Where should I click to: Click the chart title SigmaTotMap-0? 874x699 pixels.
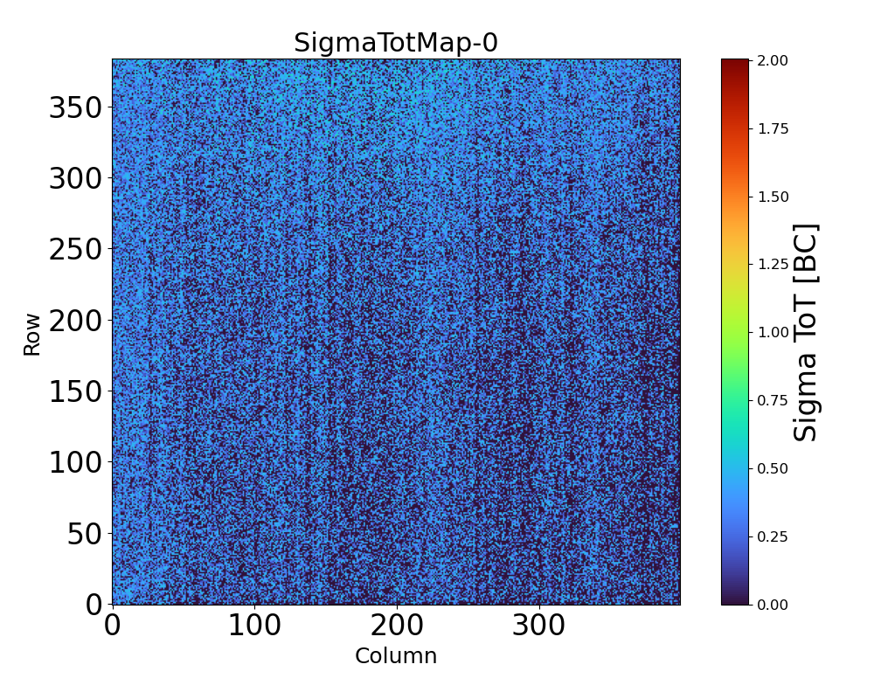pyautogui.click(x=395, y=43)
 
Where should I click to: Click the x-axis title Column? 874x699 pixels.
pyautogui.click(x=395, y=656)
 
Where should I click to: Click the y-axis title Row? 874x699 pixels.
pyautogui.click(x=32, y=334)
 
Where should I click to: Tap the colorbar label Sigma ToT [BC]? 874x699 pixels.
pyautogui.click(x=806, y=332)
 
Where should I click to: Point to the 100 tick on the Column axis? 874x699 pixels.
pyautogui.click(x=254, y=626)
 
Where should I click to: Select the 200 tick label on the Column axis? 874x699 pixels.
pyautogui.click(x=397, y=626)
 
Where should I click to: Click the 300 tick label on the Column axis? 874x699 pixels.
pyautogui.click(x=539, y=626)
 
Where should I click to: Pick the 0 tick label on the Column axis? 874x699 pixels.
pyautogui.click(x=112, y=626)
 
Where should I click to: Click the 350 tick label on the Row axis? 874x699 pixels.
pyautogui.click(x=75, y=108)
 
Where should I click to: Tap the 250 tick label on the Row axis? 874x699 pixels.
pyautogui.click(x=75, y=250)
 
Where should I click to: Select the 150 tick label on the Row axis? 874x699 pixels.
pyautogui.click(x=75, y=391)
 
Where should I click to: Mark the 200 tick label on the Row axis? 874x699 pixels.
pyautogui.click(x=75, y=321)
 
